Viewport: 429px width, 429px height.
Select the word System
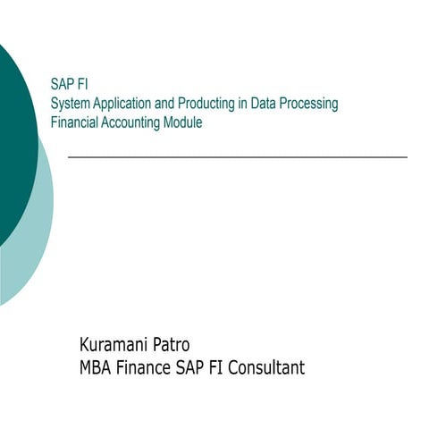(71, 104)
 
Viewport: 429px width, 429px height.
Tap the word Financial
(75, 122)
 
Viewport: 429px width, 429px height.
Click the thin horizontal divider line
(237, 156)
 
